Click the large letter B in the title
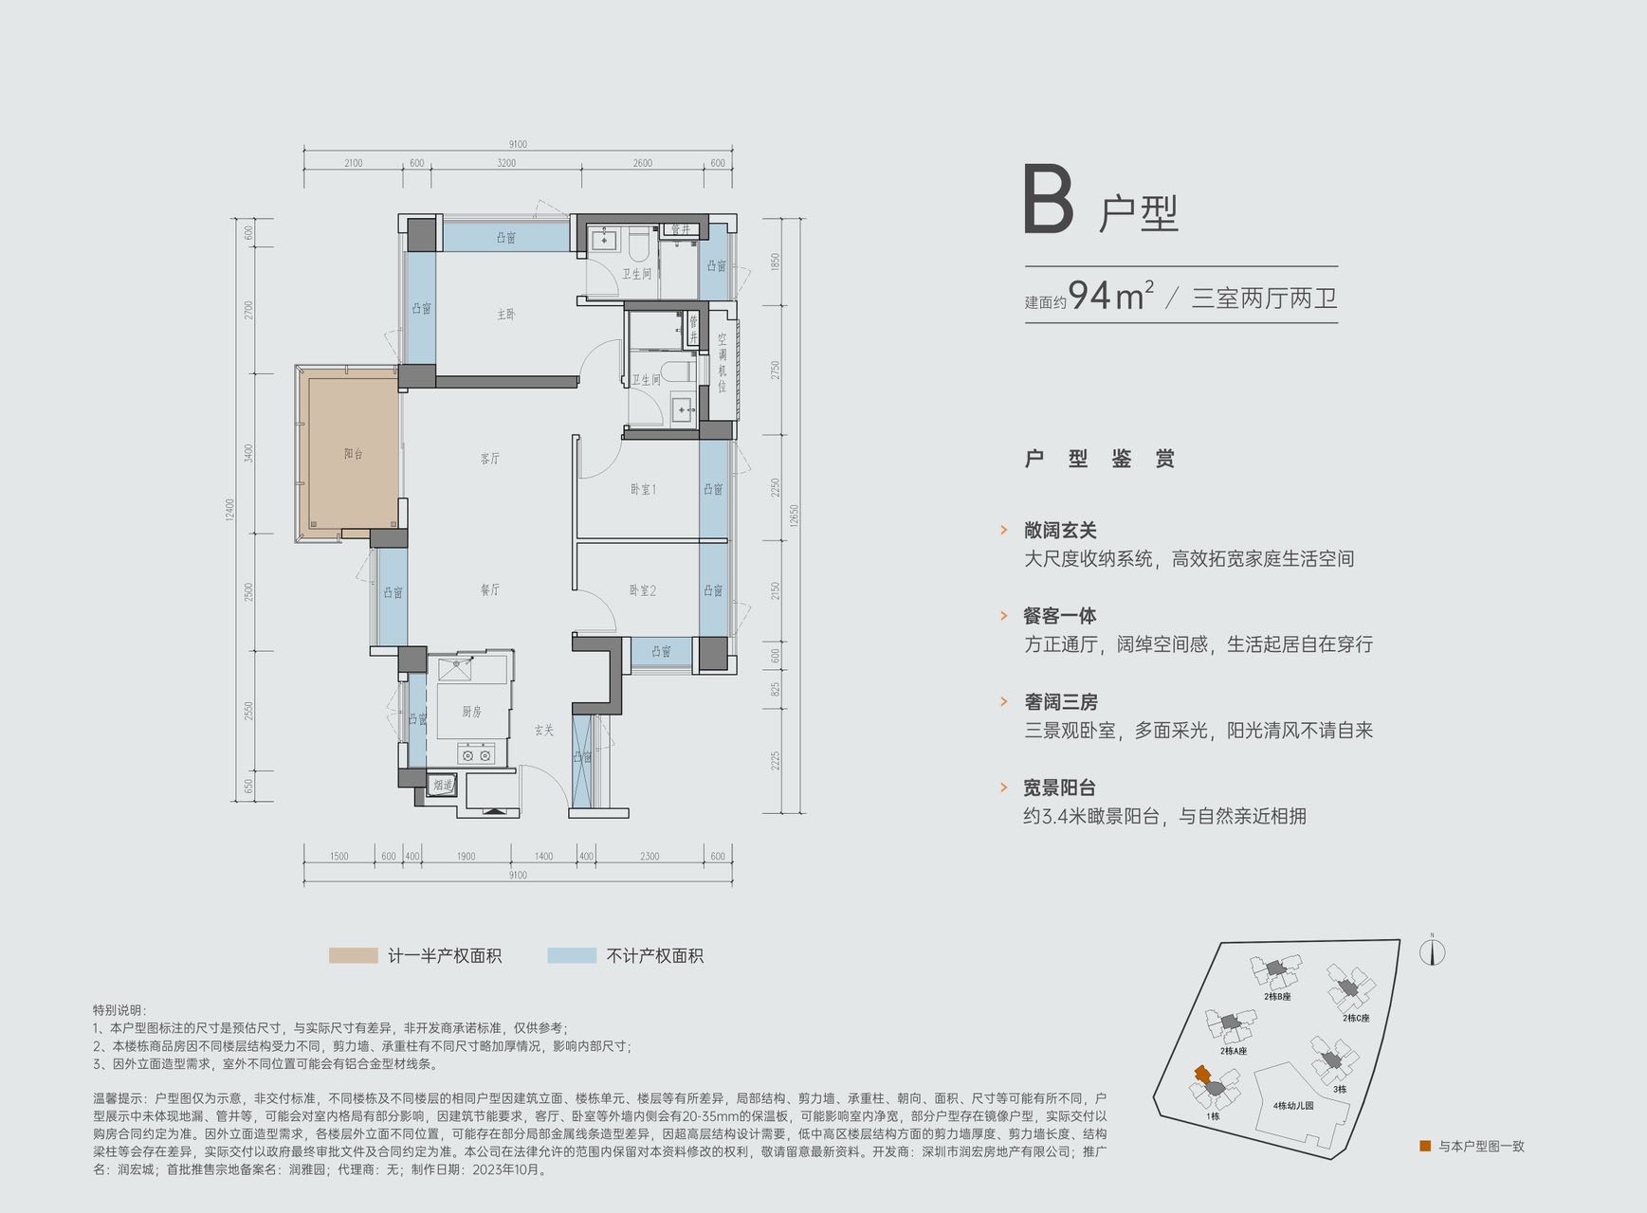click(1048, 200)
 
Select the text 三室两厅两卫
click(1264, 299)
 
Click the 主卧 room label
click(506, 315)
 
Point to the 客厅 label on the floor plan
click(489, 459)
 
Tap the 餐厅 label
click(489, 589)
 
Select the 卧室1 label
click(643, 490)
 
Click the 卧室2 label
click(643, 590)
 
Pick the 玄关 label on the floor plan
click(543, 731)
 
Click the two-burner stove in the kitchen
click(476, 755)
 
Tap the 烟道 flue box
click(443, 786)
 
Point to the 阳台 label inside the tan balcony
click(354, 454)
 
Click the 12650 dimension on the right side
click(794, 516)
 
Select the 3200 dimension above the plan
click(506, 163)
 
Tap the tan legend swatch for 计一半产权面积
click(353, 955)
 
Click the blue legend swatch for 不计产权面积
click(572, 955)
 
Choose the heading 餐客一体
click(1059, 616)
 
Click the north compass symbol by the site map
click(1432, 951)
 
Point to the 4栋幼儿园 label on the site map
click(1293, 1106)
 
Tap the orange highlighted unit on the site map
click(1202, 1075)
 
